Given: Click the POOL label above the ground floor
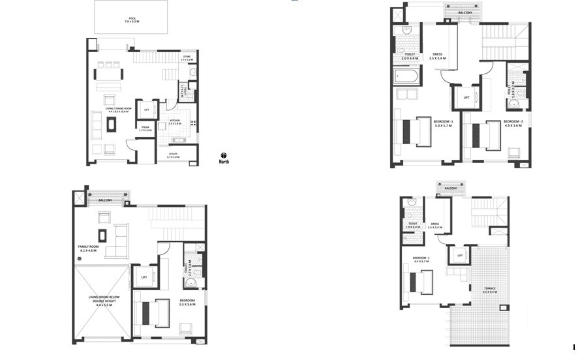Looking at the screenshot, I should [x=132, y=20].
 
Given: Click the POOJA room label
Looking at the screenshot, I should [x=145, y=129].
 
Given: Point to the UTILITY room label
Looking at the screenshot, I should [x=173, y=156].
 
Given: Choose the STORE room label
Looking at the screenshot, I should [x=187, y=58].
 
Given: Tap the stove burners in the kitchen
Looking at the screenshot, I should [x=192, y=123].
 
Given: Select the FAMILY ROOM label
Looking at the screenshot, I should [x=87, y=248].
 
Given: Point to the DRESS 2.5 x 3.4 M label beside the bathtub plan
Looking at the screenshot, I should [x=437, y=56].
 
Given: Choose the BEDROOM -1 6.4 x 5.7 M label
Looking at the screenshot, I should [x=421, y=260].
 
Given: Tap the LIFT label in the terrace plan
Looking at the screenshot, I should [x=459, y=255].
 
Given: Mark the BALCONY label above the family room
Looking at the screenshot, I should [x=106, y=200].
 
